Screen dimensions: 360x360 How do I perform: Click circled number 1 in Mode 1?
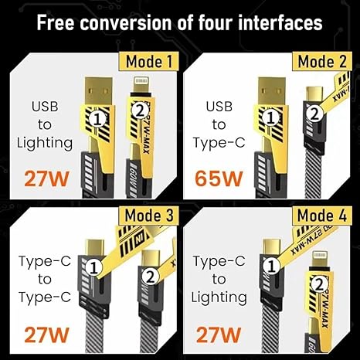96,118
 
